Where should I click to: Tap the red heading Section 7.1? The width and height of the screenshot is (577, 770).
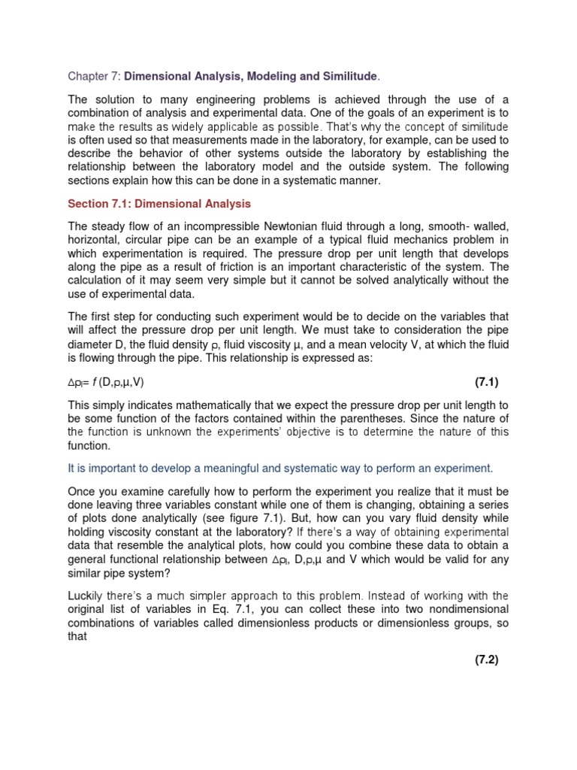pos(159,204)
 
